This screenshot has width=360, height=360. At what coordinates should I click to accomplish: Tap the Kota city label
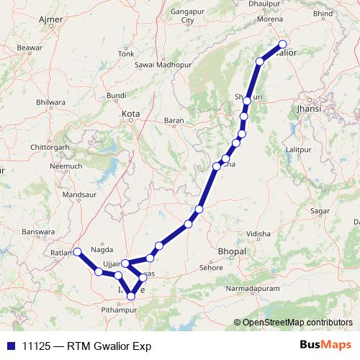130,114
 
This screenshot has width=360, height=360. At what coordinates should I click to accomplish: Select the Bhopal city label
231,251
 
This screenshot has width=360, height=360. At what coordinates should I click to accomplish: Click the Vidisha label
258,234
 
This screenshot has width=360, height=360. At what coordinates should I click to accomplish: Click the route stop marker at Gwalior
283,44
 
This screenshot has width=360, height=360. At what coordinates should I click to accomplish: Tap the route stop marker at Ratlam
78,252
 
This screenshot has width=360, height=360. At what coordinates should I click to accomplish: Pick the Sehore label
211,267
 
